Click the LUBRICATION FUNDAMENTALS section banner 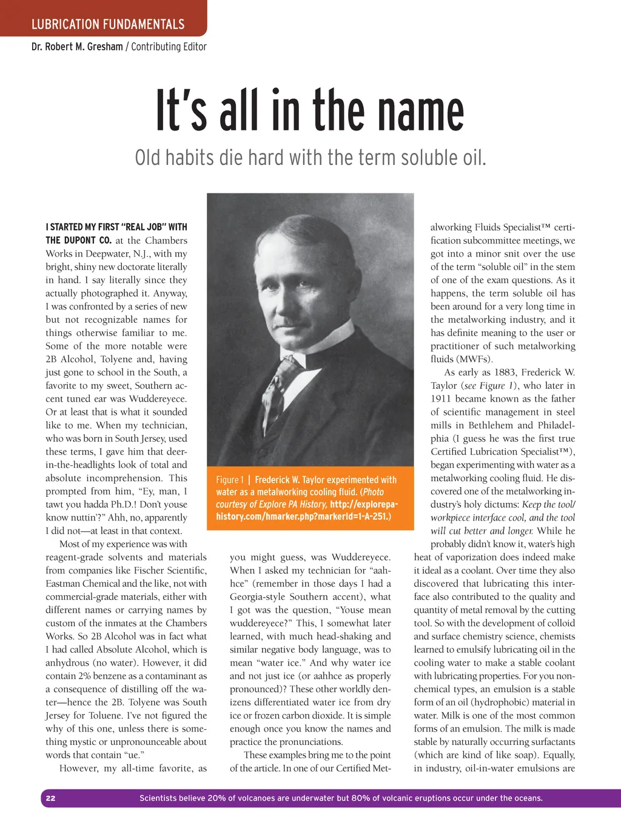point(108,24)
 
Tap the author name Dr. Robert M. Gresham point(77,47)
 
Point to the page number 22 point(51,798)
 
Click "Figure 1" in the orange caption point(230,480)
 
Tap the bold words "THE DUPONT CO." point(78,240)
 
